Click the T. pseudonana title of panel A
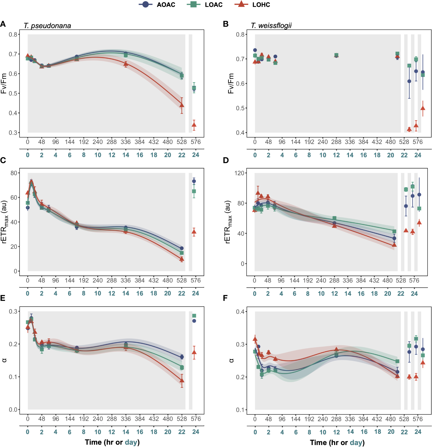pyautogui.click(x=47, y=26)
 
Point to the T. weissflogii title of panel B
pyautogui.click(x=271, y=26)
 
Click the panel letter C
pyautogui.click(x=3, y=160)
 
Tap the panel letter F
pyautogui.click(x=225, y=298)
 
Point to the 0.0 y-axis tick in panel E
pyautogui.click(x=13, y=410)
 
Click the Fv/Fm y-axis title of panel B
pyautogui.click(x=231, y=84)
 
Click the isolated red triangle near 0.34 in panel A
pyautogui.click(x=194, y=125)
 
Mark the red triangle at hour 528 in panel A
pyautogui.click(x=182, y=105)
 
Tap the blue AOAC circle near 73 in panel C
pyautogui.click(x=194, y=181)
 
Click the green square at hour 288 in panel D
pyautogui.click(x=334, y=218)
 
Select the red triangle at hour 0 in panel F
pyautogui.click(x=255, y=339)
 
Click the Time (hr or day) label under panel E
pyautogui.click(x=112, y=442)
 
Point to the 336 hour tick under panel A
pyautogui.click(x=126, y=142)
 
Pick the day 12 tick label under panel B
pyautogui.click(x=336, y=155)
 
